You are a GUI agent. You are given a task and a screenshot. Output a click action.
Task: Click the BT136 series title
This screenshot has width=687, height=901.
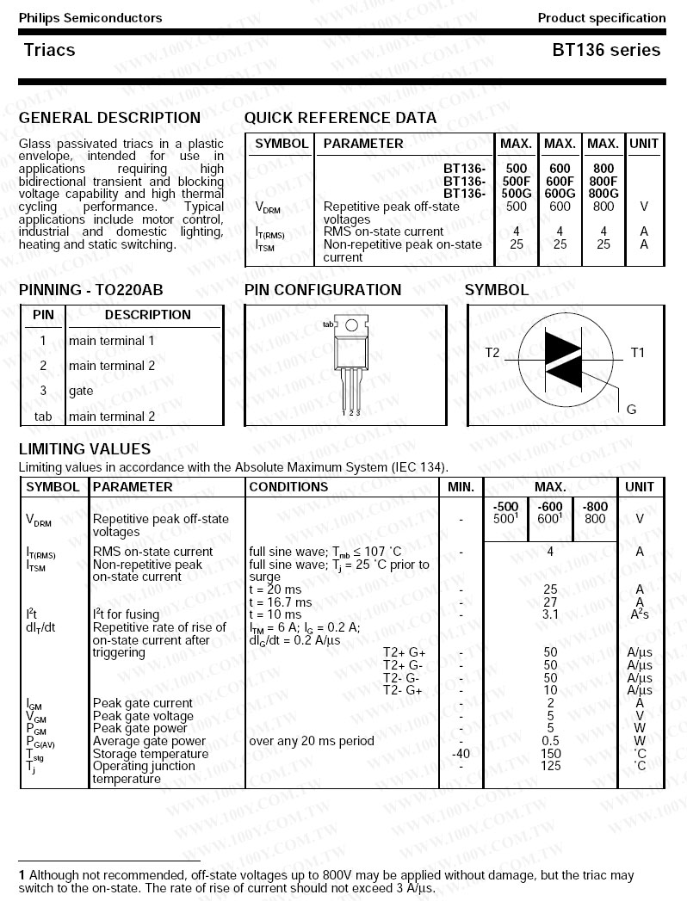click(606, 50)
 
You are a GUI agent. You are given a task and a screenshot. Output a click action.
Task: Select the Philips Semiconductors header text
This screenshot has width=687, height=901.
click(90, 17)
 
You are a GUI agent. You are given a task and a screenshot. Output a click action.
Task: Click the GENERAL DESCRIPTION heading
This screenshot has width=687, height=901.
click(109, 118)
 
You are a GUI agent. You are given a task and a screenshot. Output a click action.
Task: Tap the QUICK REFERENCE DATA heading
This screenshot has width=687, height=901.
click(340, 118)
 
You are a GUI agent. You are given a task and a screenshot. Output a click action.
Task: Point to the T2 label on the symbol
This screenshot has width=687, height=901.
click(492, 353)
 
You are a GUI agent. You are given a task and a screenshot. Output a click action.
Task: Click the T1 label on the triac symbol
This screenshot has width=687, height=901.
click(637, 353)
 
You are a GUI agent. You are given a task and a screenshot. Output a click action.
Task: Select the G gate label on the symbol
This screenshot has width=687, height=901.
click(631, 410)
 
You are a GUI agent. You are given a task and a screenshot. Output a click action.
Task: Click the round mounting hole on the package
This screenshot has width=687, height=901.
click(351, 325)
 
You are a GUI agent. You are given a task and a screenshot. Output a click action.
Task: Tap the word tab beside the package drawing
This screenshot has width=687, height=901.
click(327, 324)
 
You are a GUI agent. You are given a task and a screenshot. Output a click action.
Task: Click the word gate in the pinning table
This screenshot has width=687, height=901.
click(81, 391)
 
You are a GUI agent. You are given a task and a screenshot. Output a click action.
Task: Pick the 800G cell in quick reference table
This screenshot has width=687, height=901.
click(603, 194)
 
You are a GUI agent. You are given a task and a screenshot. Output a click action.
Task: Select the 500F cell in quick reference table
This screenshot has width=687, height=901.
click(517, 182)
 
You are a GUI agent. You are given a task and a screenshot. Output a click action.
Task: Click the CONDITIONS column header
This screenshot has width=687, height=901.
click(288, 487)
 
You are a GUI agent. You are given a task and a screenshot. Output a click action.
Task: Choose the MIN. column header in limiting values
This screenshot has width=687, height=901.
click(461, 487)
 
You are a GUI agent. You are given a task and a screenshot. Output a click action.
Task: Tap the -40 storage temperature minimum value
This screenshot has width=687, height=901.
click(461, 754)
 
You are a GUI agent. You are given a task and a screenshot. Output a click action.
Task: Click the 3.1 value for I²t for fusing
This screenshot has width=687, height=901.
click(550, 614)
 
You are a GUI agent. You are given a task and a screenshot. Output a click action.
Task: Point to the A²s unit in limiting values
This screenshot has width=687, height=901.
click(639, 614)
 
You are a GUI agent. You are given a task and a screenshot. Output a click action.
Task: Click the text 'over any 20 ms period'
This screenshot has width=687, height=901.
click(312, 741)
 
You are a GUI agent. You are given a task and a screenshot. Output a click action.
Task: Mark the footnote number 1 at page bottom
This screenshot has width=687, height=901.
click(22, 875)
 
